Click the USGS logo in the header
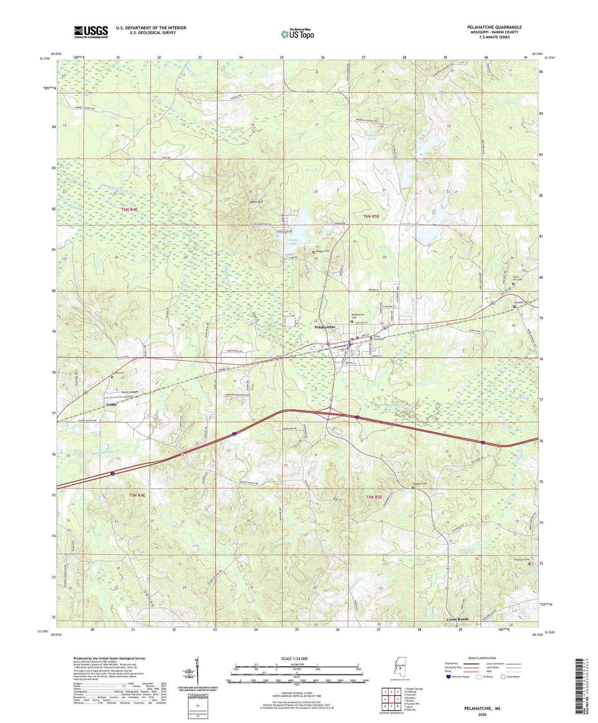coord(91,31)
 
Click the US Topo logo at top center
coord(298,34)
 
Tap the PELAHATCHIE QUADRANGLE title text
coord(494,27)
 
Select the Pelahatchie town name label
coord(325,327)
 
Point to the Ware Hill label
coord(257,202)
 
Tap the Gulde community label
coord(112,404)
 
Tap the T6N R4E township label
coord(129,210)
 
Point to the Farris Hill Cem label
coord(518,278)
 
